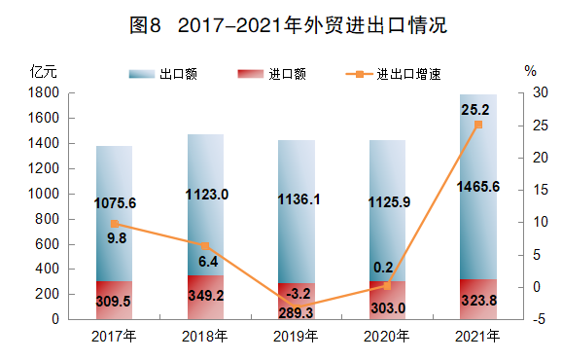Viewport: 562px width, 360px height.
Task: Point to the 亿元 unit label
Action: [x=45, y=71]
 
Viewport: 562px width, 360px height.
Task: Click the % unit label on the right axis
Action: [x=530, y=71]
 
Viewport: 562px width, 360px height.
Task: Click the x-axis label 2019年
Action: [x=297, y=337]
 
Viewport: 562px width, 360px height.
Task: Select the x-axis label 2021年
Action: [x=477, y=337]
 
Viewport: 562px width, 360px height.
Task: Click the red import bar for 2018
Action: [x=205, y=297]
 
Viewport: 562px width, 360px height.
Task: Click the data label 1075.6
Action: [x=115, y=203]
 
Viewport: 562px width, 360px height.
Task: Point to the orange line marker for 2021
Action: [x=477, y=125]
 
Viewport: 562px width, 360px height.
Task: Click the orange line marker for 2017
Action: [x=115, y=224]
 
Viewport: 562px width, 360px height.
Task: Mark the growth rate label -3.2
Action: [x=297, y=292]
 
